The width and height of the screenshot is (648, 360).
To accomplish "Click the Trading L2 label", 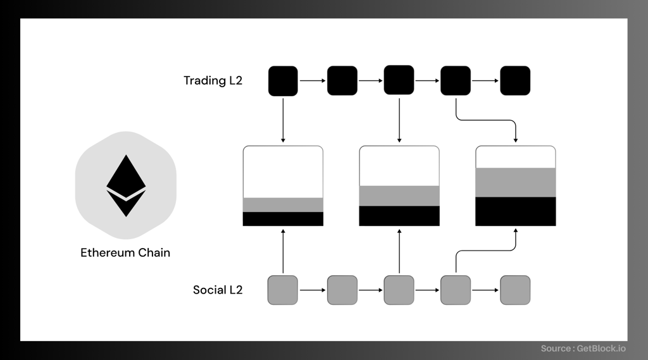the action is [213, 80].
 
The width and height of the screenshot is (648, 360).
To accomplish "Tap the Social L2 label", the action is [218, 290].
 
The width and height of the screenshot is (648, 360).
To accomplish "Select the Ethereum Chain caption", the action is [125, 252].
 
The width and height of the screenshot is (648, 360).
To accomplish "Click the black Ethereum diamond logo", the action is [126, 185].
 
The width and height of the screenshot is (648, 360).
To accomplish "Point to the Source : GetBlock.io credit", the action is [583, 349].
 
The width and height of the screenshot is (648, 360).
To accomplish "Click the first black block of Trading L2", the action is [283, 81].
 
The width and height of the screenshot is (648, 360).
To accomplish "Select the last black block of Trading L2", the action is [515, 80].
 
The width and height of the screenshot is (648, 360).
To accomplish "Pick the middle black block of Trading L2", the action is [399, 80].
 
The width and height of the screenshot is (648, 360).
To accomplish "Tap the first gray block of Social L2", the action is [283, 290].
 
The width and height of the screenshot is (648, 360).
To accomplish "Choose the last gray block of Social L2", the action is [515, 290].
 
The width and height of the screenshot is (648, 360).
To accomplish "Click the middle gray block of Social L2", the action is [399, 290].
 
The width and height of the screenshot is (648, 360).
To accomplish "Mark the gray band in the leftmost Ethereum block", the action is [283, 205].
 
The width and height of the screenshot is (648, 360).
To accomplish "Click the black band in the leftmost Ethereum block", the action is [283, 219].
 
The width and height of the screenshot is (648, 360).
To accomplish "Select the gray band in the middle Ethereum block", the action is [399, 196].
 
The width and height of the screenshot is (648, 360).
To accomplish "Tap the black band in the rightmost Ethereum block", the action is [516, 211].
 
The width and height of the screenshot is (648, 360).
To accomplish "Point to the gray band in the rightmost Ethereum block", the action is [516, 183].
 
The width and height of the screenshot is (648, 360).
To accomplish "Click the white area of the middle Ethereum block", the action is [399, 166].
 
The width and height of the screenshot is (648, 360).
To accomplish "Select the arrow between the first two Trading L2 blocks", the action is [313, 80].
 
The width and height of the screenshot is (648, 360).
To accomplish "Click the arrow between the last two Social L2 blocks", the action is [485, 290].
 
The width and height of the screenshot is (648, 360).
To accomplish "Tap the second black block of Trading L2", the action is [342, 80].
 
